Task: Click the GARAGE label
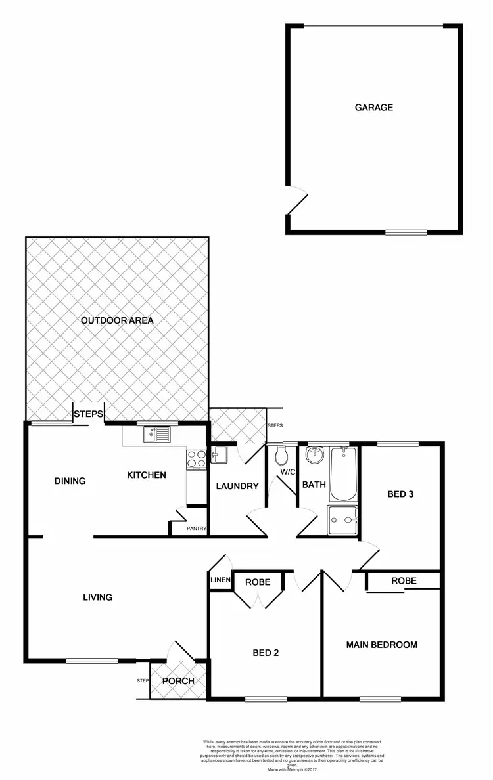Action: [374, 107]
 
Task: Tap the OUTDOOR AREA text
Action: [117, 320]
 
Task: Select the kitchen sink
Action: [156, 433]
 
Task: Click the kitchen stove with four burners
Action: [195, 459]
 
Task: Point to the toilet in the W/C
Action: [281, 454]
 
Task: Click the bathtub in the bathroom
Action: [342, 473]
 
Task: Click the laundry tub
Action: [218, 454]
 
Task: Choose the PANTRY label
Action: [197, 529]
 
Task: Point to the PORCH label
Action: [178, 681]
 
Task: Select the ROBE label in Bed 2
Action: [258, 582]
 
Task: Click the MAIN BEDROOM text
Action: [382, 645]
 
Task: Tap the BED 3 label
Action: [400, 494]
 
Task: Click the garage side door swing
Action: [298, 200]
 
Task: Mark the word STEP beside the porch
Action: [143, 681]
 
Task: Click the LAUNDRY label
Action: [237, 486]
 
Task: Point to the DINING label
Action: [70, 481]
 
